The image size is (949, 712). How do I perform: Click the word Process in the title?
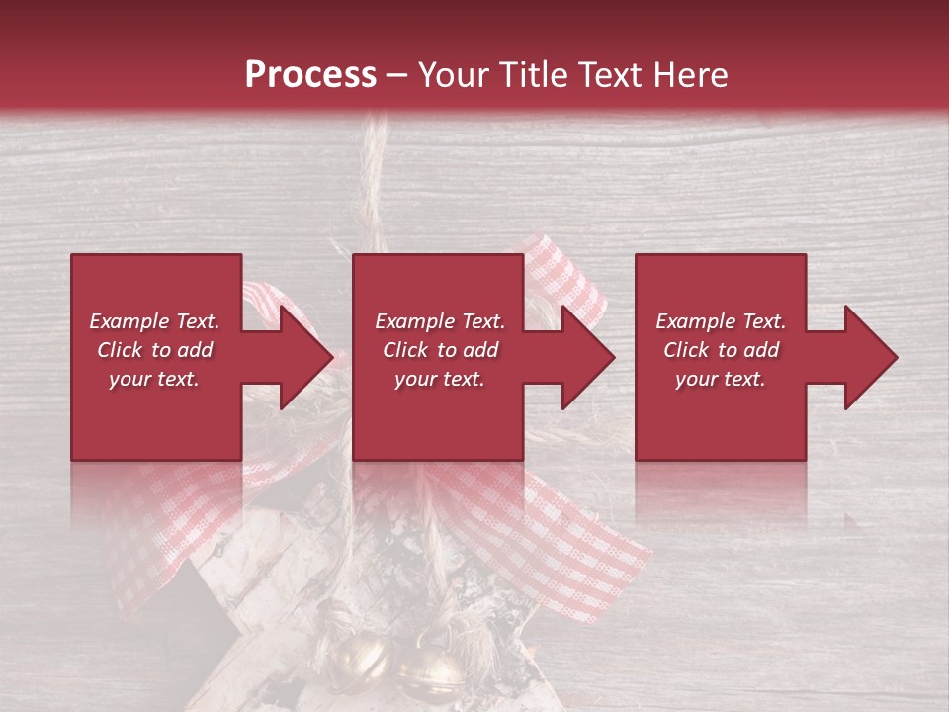pos(310,74)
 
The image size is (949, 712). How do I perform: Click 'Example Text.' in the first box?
pos(154,321)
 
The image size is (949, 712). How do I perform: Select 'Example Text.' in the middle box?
pos(439,321)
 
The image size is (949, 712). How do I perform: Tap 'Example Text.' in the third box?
pos(721,321)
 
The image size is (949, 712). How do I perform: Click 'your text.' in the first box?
pos(154,379)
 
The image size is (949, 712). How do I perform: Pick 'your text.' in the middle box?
pos(439,379)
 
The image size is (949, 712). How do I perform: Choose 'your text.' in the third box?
pos(721,379)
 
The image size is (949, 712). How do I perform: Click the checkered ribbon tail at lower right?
pos(583,554)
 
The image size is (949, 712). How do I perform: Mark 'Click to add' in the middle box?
pos(439,350)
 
